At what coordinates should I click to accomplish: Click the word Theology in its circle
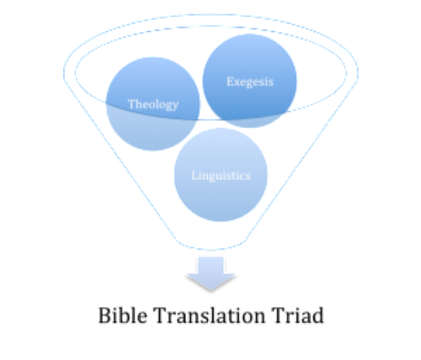coord(153,104)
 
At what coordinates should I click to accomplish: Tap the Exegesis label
coord(250,82)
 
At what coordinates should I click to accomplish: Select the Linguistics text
coord(221,176)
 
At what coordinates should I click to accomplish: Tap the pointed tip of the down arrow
coord(210,290)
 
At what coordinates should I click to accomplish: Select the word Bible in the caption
coord(123,315)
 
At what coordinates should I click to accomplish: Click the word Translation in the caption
coord(210,315)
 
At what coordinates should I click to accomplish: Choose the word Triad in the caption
coord(298,315)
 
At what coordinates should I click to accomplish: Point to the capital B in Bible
coord(104,315)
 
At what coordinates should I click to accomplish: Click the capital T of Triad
coord(278,315)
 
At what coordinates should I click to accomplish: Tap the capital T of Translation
coord(160,315)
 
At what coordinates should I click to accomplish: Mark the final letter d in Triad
coord(317,315)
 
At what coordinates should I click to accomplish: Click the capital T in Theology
coord(131,103)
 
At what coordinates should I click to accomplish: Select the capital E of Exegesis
coord(230,82)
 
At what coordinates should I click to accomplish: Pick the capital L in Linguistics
coord(195,176)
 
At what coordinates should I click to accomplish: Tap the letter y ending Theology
coord(175,106)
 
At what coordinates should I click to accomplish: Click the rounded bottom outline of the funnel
coord(210,249)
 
